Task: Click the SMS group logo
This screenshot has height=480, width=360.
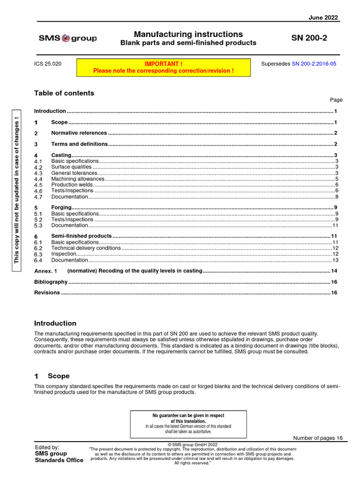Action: (67, 38)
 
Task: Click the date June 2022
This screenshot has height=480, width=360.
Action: (323, 18)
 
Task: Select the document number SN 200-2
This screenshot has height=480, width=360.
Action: (309, 38)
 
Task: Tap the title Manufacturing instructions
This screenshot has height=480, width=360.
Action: (188, 34)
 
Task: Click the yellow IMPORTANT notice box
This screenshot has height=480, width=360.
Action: (163, 67)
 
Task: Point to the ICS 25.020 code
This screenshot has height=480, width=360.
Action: (47, 63)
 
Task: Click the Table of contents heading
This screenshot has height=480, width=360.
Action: (64, 93)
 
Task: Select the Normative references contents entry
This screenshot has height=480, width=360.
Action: (79, 133)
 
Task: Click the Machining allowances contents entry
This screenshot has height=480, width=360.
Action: (78, 179)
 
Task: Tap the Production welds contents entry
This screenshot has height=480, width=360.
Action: (72, 185)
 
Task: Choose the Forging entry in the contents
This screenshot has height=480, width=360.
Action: (61, 207)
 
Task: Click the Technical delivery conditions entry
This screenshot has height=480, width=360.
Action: (86, 248)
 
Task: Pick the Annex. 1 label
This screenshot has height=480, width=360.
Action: (45, 271)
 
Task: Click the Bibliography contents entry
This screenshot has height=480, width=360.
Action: (51, 282)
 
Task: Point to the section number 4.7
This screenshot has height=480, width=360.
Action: (38, 197)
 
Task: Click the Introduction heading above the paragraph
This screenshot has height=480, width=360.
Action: (55, 323)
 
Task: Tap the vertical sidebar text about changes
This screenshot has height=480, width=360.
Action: (17, 189)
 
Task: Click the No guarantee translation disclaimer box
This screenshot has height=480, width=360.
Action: (188, 423)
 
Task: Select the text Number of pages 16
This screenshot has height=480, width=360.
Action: (318, 438)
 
